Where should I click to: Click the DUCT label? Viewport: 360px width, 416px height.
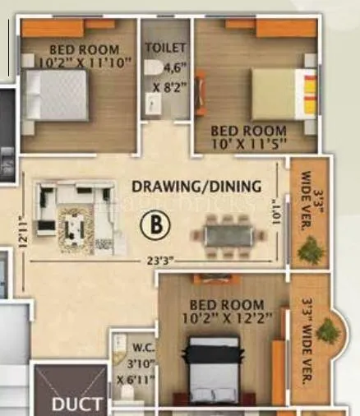click(x=77, y=404)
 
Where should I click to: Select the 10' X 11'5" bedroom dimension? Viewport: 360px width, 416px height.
click(x=248, y=142)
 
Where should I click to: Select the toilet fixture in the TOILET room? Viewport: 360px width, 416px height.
click(x=154, y=103)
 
